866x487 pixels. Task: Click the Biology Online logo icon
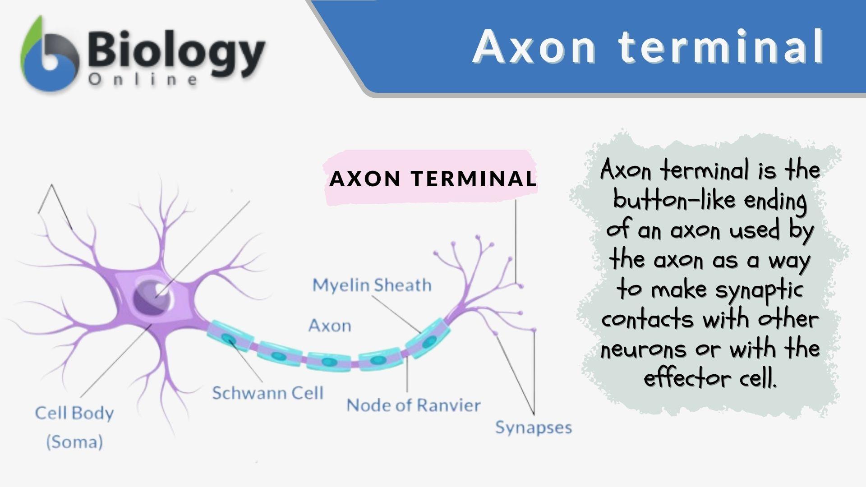pyautogui.click(x=49, y=56)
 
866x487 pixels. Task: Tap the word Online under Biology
pyautogui.click(x=143, y=80)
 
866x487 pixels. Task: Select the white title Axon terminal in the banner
pyautogui.click(x=649, y=46)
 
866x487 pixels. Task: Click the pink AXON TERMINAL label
pyautogui.click(x=433, y=179)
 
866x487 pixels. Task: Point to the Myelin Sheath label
pyautogui.click(x=372, y=285)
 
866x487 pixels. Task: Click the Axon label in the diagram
pyautogui.click(x=330, y=326)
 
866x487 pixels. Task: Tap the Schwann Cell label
pyautogui.click(x=268, y=393)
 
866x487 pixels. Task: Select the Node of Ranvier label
pyautogui.click(x=413, y=405)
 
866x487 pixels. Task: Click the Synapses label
pyautogui.click(x=533, y=427)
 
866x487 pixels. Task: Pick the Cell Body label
pyautogui.click(x=74, y=413)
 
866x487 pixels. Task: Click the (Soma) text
pyautogui.click(x=75, y=441)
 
